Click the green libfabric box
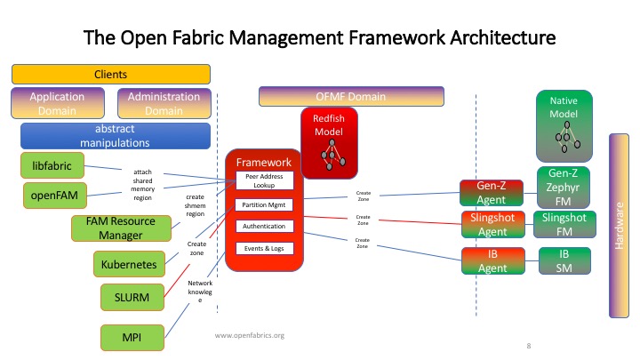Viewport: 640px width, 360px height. tap(52, 165)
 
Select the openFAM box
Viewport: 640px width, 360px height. tap(52, 195)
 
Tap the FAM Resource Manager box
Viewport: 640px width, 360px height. tap(120, 228)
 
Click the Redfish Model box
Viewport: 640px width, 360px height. tap(329, 142)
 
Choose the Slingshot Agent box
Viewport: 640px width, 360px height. tap(487, 225)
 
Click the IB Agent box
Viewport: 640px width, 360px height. tap(487, 261)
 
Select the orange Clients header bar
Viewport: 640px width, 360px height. tap(110, 75)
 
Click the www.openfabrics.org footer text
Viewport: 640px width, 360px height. tap(250, 335)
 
